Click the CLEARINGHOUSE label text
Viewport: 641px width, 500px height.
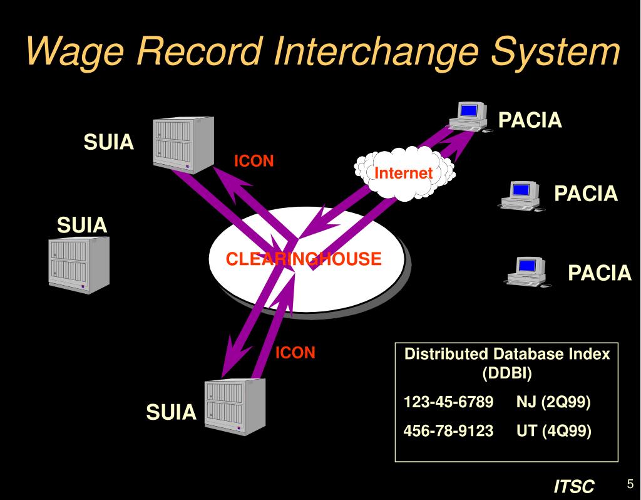304,259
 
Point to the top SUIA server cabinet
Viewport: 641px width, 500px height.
183,143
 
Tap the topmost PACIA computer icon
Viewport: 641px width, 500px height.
468,117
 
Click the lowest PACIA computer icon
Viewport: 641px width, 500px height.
527,271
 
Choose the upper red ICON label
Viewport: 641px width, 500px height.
254,161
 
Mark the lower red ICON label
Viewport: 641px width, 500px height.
295,353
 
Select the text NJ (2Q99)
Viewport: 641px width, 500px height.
553,402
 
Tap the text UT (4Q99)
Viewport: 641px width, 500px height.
553,431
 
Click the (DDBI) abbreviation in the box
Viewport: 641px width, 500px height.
506,374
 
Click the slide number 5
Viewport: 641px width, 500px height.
630,484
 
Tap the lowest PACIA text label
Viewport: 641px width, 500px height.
600,273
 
